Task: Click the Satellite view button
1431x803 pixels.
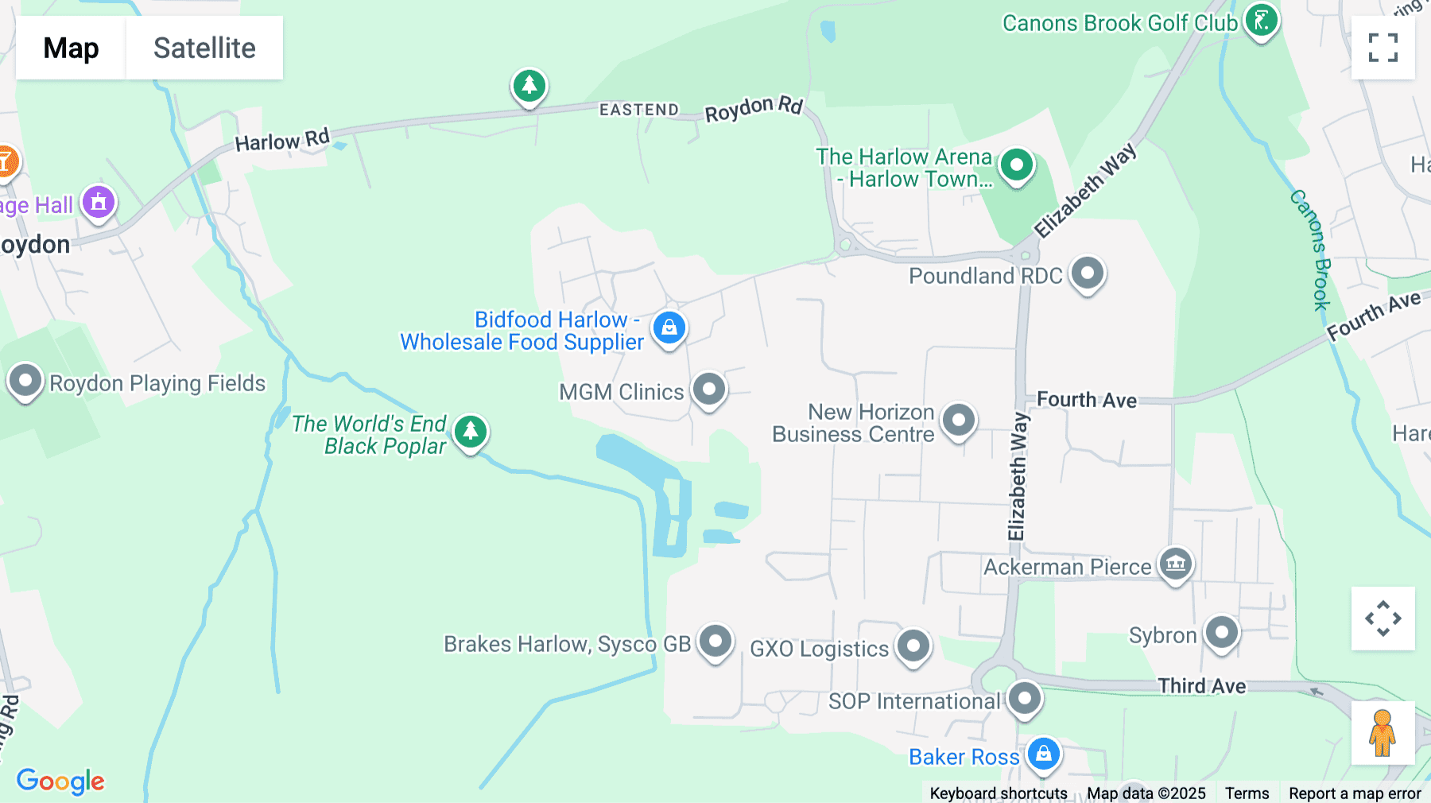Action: click(204, 48)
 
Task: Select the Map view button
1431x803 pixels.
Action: click(71, 48)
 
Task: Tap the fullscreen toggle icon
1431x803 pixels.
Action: click(1383, 48)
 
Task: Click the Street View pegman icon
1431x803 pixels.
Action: click(1383, 733)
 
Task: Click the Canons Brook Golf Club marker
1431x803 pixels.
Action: click(1261, 21)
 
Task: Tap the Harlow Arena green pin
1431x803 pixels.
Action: click(1016, 165)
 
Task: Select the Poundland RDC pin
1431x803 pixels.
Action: click(1087, 273)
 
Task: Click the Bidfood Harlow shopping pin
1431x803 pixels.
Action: click(669, 328)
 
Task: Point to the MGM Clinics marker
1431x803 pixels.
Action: click(708, 390)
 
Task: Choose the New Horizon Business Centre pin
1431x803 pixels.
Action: click(958, 420)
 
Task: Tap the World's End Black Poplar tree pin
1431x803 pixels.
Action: click(471, 432)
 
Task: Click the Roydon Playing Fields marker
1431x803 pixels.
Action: click(25, 381)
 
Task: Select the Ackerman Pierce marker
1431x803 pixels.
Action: click(1175, 564)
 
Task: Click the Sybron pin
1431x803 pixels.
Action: click(1221, 633)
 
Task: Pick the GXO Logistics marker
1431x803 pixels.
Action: click(913, 646)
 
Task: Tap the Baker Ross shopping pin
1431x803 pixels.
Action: click(1043, 753)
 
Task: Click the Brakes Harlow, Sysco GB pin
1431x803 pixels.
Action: click(715, 641)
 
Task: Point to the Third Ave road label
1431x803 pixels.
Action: click(1201, 686)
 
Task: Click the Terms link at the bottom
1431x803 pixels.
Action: click(1247, 793)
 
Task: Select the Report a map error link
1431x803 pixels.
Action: click(1355, 793)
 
